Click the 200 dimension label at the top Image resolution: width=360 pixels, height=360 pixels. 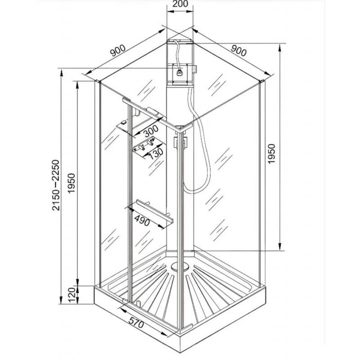pos(180,4)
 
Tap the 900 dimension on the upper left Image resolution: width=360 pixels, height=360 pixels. pos(118,50)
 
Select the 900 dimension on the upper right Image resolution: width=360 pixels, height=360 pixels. pos(238,50)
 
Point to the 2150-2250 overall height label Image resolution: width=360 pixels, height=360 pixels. pos(56,185)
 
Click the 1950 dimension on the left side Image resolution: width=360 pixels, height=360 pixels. pos(72,183)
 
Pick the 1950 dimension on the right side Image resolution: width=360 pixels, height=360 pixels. pos(271,154)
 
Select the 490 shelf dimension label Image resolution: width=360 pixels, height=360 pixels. pos(142,220)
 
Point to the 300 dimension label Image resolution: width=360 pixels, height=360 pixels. pos(150,131)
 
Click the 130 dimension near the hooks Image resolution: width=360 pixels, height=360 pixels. pos(156,153)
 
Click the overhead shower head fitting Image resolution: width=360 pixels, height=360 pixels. pos(179,73)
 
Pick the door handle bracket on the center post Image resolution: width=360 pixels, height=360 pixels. pos(180,143)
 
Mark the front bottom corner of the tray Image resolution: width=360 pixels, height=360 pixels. pos(180,352)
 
